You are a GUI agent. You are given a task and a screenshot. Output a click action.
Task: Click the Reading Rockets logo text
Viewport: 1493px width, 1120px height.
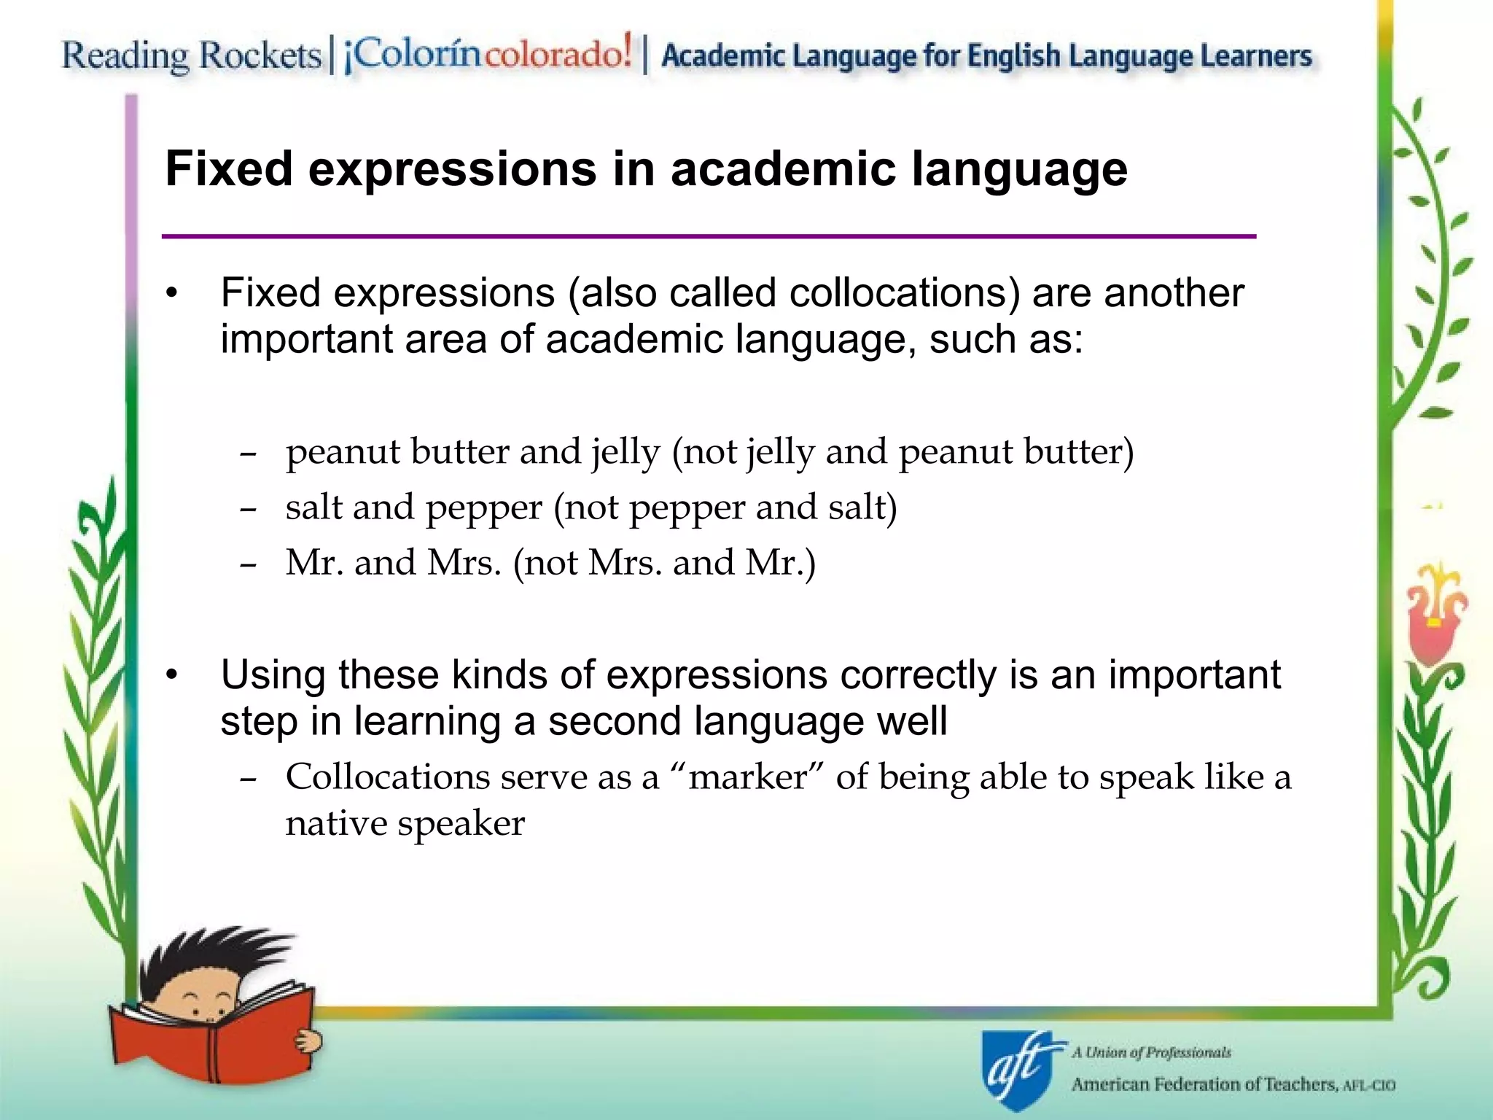(x=191, y=55)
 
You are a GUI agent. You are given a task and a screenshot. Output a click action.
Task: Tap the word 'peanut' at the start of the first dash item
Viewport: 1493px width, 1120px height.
(x=343, y=452)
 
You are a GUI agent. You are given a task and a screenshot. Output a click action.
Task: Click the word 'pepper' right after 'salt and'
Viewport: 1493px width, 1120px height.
(x=484, y=508)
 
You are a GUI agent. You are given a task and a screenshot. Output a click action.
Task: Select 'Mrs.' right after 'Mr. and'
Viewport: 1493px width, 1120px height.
(x=464, y=563)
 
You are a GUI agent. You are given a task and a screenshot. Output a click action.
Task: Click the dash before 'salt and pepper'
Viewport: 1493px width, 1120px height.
(x=249, y=509)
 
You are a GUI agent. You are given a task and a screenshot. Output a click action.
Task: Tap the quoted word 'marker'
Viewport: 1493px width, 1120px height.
(x=748, y=777)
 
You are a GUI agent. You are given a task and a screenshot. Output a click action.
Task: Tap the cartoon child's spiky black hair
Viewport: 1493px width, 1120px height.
(x=211, y=955)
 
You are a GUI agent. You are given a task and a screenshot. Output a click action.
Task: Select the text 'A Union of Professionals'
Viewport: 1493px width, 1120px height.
(x=1151, y=1052)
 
